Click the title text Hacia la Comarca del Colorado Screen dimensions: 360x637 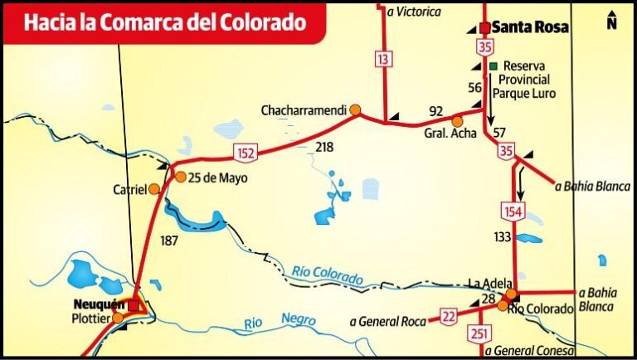[x=163, y=22]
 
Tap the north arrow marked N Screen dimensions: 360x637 [x=611, y=19]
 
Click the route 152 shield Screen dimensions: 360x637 [x=246, y=152]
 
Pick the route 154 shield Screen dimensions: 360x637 [x=513, y=212]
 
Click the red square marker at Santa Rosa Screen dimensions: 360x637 [x=484, y=27]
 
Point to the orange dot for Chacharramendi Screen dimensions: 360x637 [x=355, y=109]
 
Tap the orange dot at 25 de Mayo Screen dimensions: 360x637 [x=181, y=176]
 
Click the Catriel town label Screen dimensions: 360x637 [x=129, y=189]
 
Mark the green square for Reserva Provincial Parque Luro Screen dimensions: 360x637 [x=493, y=66]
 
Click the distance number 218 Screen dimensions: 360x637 [x=325, y=147]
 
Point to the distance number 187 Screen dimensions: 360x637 [x=168, y=240]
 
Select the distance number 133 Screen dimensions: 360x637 [x=503, y=237]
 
